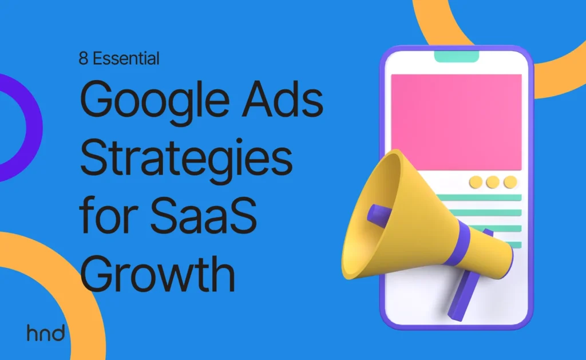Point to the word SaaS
point(203,215)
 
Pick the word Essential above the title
point(126,58)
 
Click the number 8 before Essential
point(84,58)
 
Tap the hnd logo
point(46,333)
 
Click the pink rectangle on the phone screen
point(456,122)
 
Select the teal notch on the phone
point(456,57)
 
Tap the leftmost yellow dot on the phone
point(476,182)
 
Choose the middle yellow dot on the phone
point(493,182)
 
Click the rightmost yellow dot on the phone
point(510,182)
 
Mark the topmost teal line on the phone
point(480,197)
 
